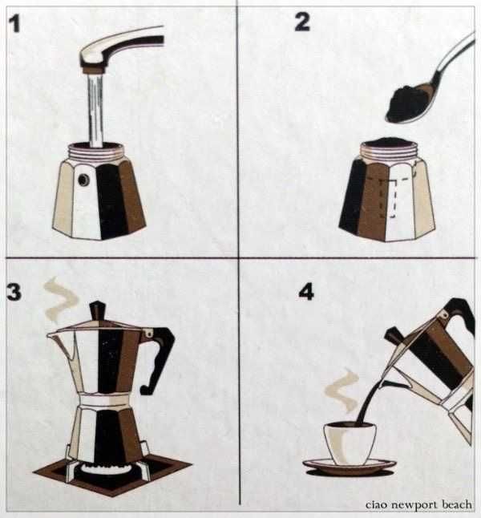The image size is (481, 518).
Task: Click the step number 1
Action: coord(14,24)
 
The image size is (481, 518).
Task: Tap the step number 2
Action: coord(302,22)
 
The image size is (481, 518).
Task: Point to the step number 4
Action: coord(306,292)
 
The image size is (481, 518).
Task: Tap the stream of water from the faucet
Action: coord(95,110)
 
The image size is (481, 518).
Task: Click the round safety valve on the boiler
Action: coord(83,180)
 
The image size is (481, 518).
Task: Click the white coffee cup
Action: coord(350,443)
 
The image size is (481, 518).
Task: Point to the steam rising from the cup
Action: coord(342,390)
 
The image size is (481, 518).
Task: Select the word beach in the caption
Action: coord(457,504)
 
